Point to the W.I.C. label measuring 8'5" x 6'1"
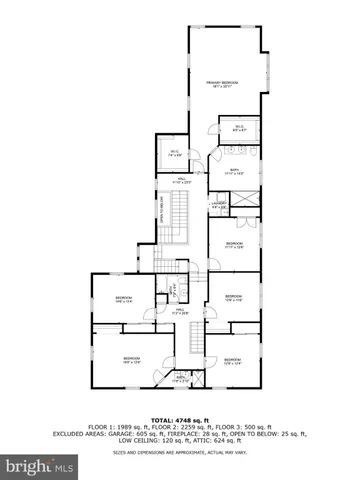239,127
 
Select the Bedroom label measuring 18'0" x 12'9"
131,360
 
